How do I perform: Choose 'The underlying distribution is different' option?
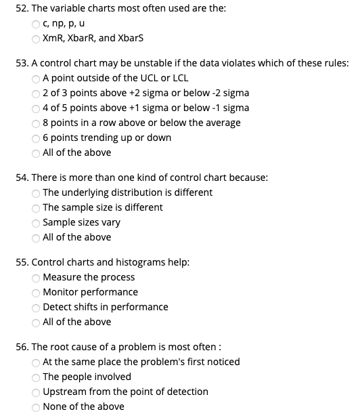pos(37,192)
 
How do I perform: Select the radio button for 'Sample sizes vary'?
pos(37,222)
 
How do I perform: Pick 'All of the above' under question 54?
pos(37,237)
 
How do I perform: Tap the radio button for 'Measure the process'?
pos(37,277)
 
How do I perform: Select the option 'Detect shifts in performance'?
pos(37,307)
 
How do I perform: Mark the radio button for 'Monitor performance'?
pos(37,292)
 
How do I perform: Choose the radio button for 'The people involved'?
pos(37,377)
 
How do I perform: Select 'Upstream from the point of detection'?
pos(37,392)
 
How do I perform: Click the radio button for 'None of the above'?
pos(37,406)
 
